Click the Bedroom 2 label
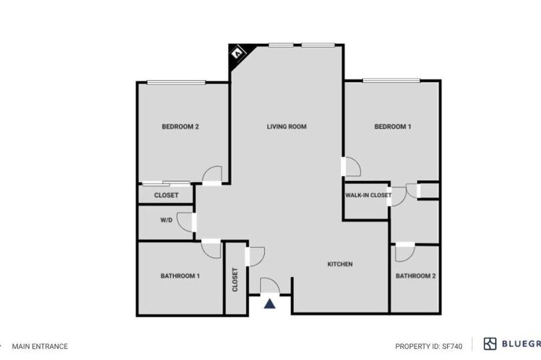[x=180, y=126]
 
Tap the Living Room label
[x=287, y=126]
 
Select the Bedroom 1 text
[x=393, y=126]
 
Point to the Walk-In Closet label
[x=368, y=195]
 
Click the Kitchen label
[x=340, y=264]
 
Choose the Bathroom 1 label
[x=180, y=276]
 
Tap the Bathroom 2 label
[x=415, y=276]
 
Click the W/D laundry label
[x=166, y=220]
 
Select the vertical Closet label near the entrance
[x=235, y=279]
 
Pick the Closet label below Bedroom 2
[x=166, y=195]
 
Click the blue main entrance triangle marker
[x=270, y=303]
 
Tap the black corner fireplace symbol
[x=239, y=55]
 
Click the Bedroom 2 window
[x=176, y=82]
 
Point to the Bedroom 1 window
[x=391, y=81]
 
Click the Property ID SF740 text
[x=428, y=346]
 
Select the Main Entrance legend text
[x=40, y=346]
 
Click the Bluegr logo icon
[x=490, y=344]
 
